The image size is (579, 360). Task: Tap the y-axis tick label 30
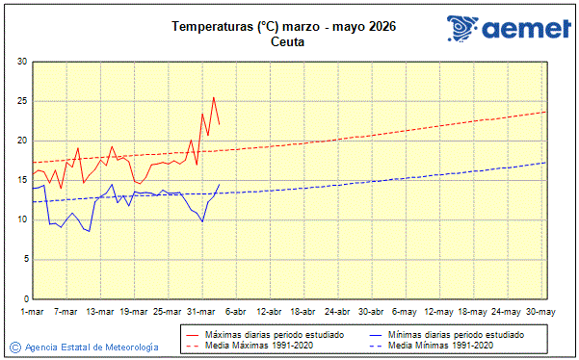click(21, 62)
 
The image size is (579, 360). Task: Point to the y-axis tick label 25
click(21, 101)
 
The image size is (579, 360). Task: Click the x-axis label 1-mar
click(34, 311)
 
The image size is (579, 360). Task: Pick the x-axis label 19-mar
click(133, 311)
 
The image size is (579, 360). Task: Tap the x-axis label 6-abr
click(235, 311)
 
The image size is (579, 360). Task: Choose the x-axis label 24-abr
click(337, 311)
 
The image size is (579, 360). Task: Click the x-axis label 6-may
click(405, 311)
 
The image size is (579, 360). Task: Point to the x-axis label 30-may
click(540, 311)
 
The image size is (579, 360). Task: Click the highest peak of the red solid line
click(214, 97)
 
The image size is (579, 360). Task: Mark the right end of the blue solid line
click(220, 184)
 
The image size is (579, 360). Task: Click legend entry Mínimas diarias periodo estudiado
click(456, 334)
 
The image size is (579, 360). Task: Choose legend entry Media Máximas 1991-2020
click(253, 345)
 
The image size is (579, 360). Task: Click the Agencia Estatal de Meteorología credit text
click(92, 347)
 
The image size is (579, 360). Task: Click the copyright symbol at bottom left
click(14, 347)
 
